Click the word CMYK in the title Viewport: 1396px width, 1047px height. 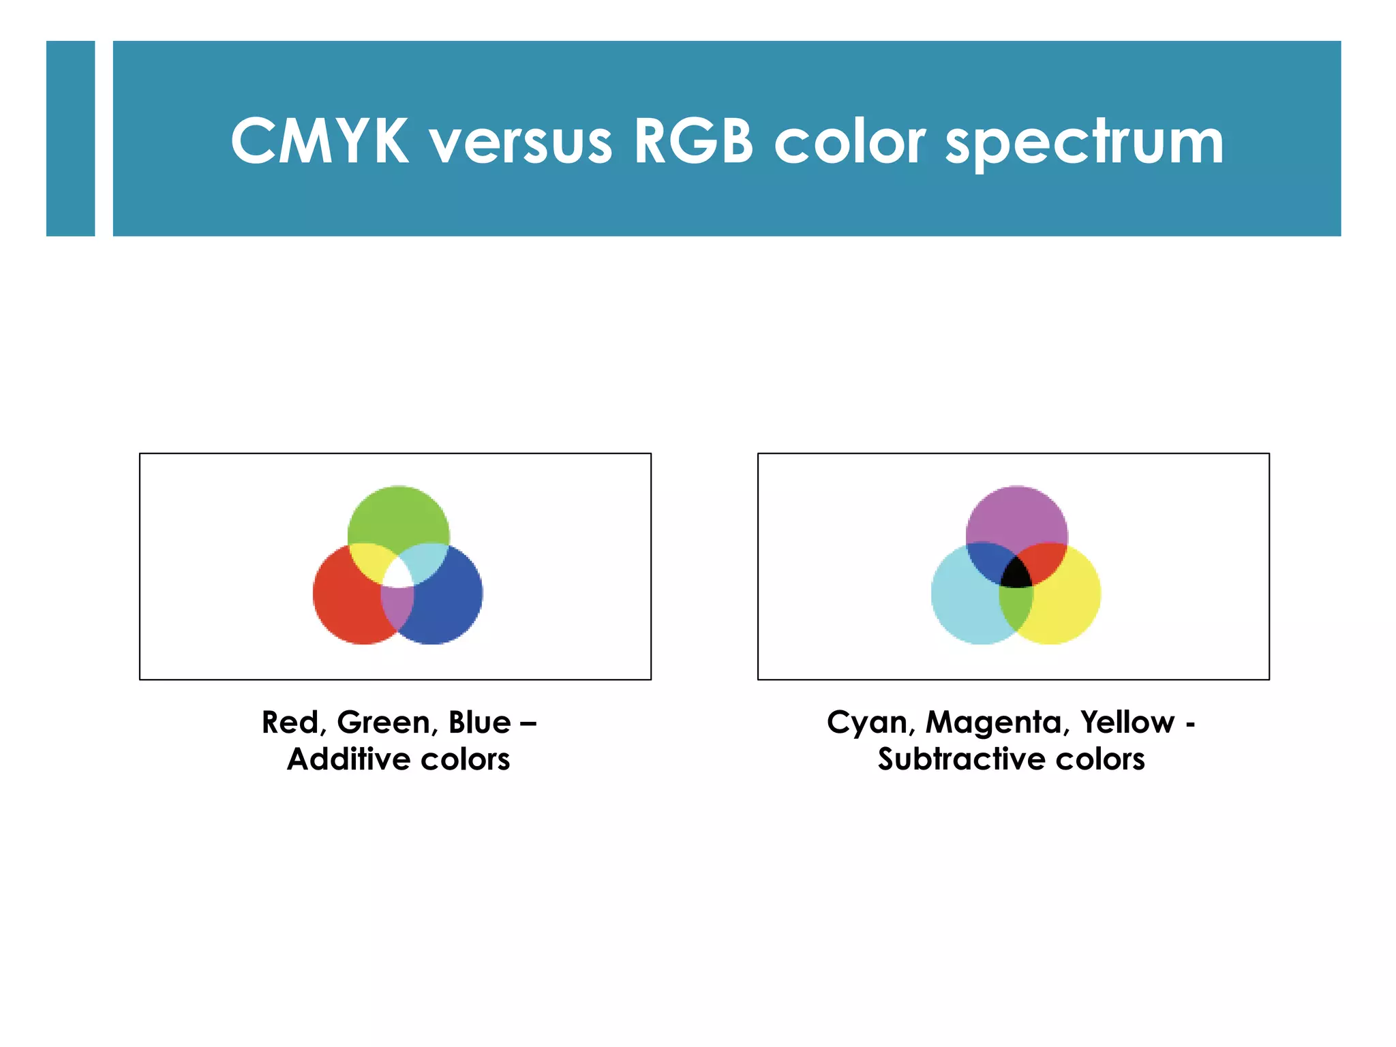tap(319, 142)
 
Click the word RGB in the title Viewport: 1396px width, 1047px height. tap(693, 142)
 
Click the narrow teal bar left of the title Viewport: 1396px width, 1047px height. tap(70, 138)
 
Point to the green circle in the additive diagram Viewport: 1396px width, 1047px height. tap(399, 515)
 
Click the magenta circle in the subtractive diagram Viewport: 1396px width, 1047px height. tap(1016, 515)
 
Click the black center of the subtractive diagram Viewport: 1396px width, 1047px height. tap(1016, 575)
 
